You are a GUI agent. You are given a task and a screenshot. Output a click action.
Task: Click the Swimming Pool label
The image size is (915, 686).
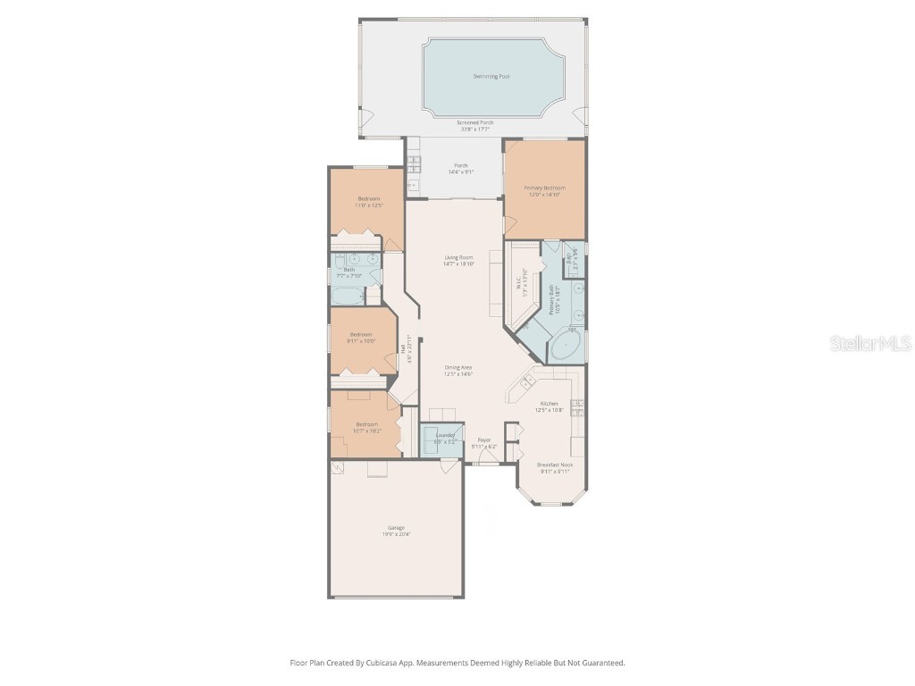tap(491, 77)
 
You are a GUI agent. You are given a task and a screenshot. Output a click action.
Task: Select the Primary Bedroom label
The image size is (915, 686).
tap(544, 188)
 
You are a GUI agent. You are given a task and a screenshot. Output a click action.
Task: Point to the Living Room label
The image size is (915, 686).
tap(458, 258)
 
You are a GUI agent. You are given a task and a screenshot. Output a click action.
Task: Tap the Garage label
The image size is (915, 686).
tap(395, 528)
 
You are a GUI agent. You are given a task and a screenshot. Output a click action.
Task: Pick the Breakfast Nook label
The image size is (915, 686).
tap(555, 465)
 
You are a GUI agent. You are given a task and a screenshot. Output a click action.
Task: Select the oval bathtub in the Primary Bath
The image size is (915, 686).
tap(564, 347)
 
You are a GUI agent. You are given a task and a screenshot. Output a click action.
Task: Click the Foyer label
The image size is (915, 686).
tap(483, 439)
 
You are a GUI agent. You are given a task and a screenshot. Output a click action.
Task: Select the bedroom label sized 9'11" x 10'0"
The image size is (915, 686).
tap(362, 334)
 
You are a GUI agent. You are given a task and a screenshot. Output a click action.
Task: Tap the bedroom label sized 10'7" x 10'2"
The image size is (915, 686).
tap(367, 424)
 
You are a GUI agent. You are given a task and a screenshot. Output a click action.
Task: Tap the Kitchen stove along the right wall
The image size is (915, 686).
tap(580, 408)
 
